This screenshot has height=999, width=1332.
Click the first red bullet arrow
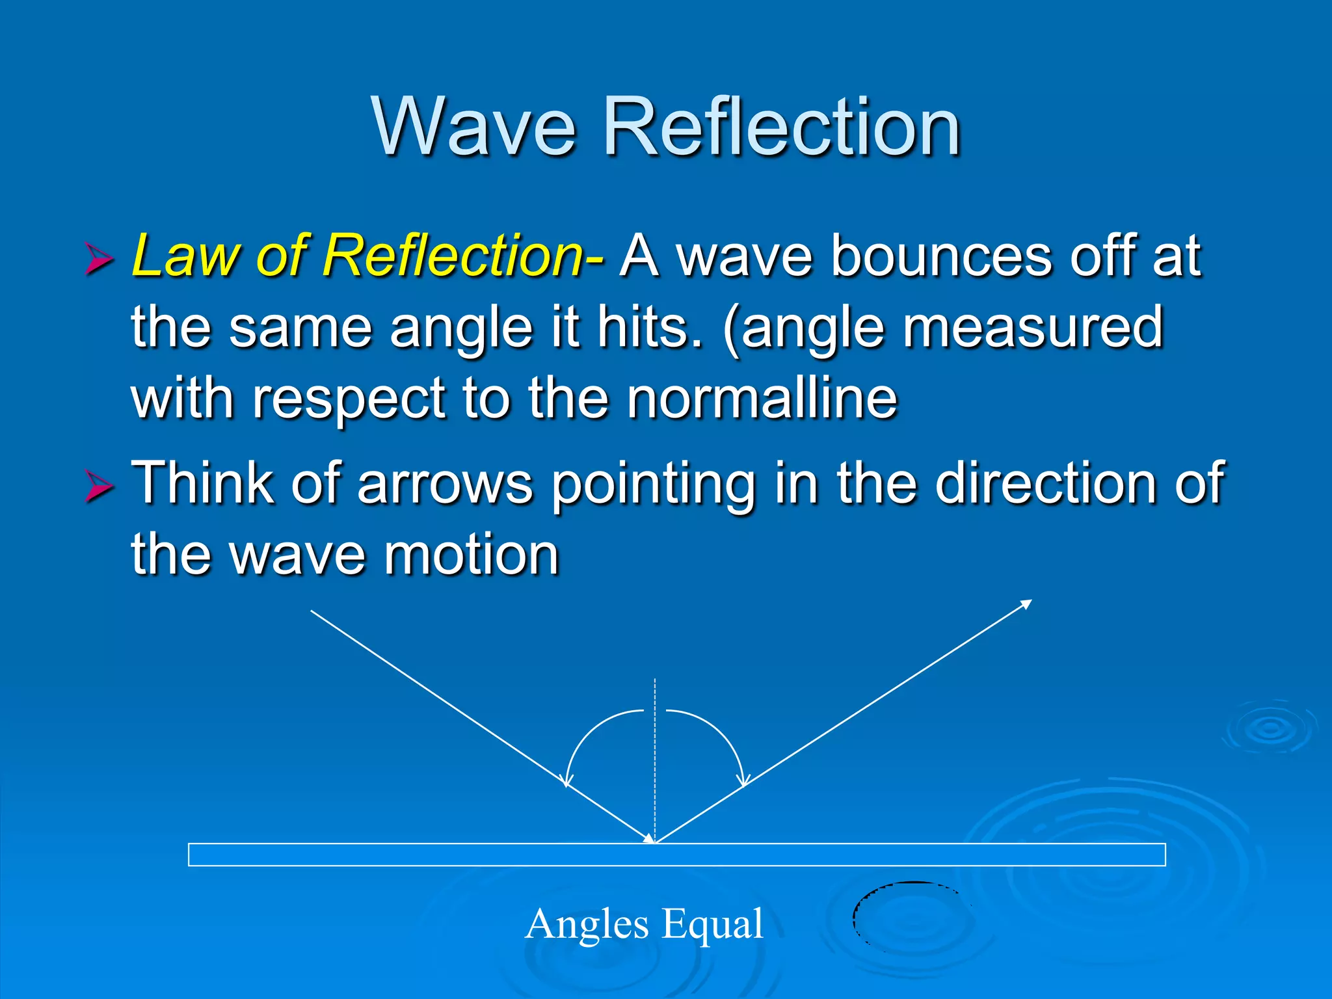pyautogui.click(x=99, y=260)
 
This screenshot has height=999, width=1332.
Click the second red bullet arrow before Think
pyautogui.click(x=99, y=486)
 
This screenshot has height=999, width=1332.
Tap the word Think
pyautogui.click(x=202, y=483)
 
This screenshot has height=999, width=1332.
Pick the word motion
pyautogui.click(x=472, y=555)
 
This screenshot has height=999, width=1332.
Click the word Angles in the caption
pyautogui.click(x=587, y=924)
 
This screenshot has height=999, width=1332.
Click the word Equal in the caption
pyautogui.click(x=713, y=924)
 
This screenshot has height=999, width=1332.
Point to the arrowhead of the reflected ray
pyautogui.click(x=1026, y=604)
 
